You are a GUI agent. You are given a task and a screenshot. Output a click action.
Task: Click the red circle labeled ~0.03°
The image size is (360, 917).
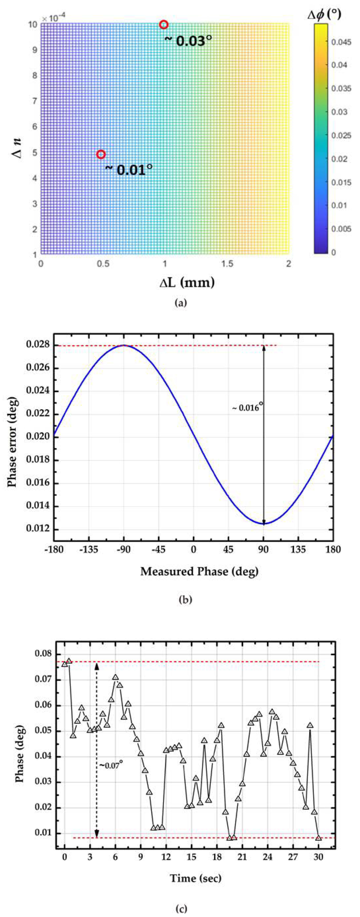163,25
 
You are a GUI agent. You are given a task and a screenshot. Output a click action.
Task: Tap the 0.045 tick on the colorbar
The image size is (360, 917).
341,42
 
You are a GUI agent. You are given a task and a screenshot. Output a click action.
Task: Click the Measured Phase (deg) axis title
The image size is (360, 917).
199,571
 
